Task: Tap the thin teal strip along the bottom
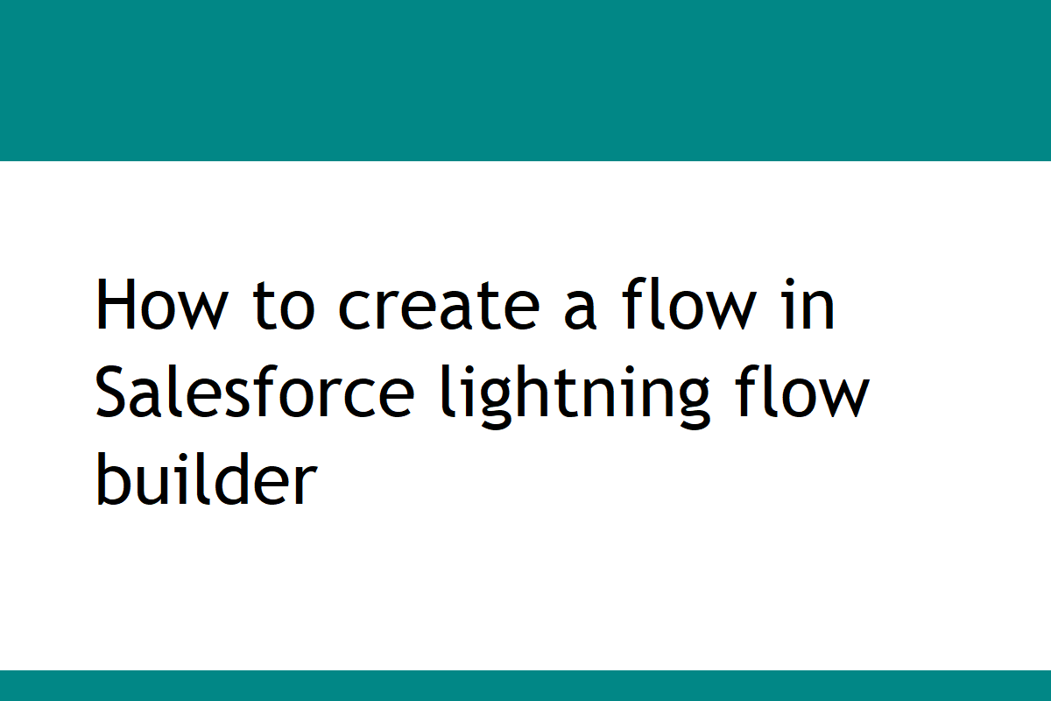[x=525, y=686]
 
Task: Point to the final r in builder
[x=301, y=485]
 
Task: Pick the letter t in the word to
[x=265, y=307]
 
